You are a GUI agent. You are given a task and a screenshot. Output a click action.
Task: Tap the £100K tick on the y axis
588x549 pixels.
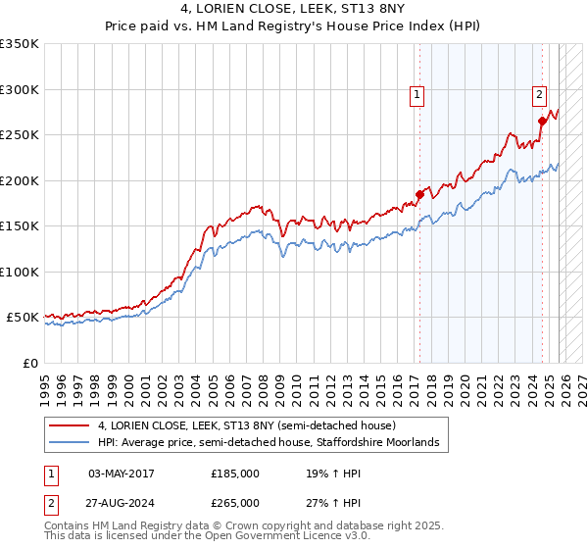[20, 272]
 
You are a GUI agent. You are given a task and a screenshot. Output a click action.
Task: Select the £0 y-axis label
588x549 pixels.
[29, 363]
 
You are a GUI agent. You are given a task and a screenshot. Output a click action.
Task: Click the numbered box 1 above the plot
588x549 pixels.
[417, 95]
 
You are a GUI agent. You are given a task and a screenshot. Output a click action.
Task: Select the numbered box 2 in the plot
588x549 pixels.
[539, 95]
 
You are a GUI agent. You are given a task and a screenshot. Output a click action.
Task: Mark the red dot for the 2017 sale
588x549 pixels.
[419, 194]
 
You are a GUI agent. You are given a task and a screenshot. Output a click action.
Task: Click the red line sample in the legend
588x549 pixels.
[71, 426]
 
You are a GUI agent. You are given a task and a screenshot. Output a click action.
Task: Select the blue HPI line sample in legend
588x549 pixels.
[71, 443]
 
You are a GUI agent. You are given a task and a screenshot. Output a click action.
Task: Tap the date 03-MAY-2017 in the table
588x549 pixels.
[122, 473]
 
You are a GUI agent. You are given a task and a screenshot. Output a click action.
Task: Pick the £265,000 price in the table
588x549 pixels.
[235, 502]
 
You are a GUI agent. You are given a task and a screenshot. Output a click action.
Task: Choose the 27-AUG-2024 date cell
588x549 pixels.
[122, 502]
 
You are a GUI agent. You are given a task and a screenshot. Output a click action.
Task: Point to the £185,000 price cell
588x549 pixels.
[235, 473]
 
